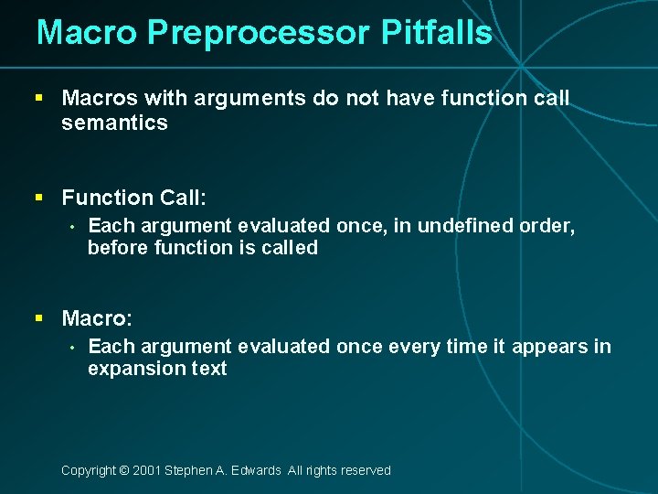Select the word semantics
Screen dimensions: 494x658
tap(115, 123)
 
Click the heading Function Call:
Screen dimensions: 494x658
tap(134, 197)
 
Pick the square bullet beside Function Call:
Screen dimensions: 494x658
tap(39, 197)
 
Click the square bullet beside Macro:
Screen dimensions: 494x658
tap(39, 318)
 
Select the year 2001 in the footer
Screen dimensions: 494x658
tap(146, 470)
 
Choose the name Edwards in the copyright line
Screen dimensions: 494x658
tap(256, 470)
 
